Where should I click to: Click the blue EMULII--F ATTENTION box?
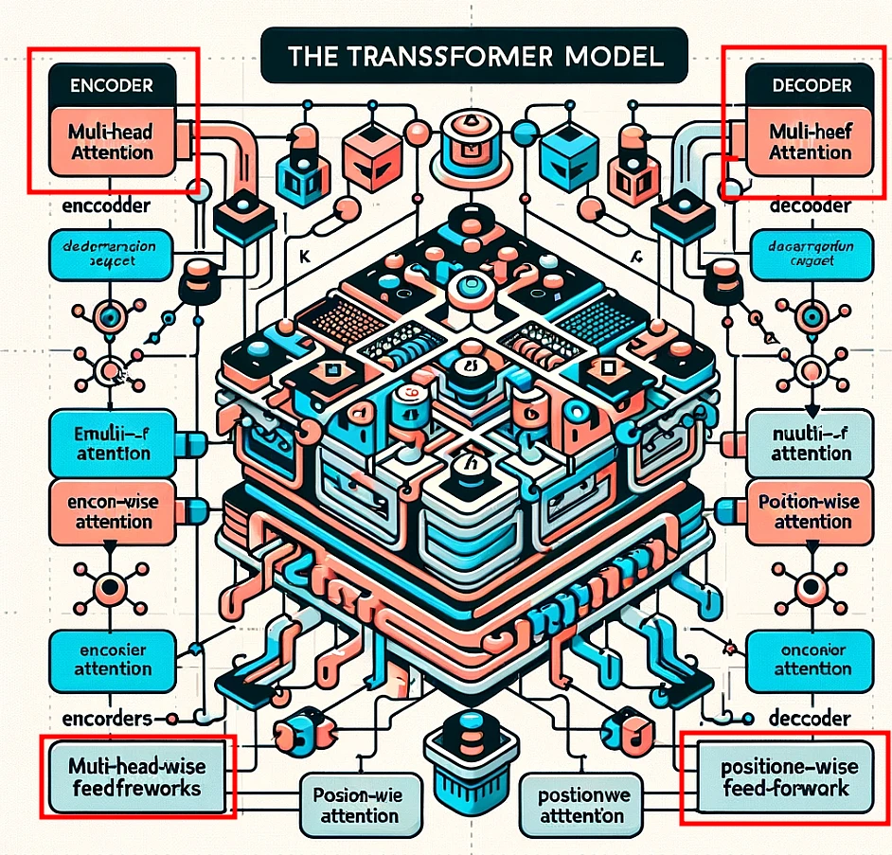pos(111,442)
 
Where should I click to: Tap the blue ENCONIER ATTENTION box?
pos(111,659)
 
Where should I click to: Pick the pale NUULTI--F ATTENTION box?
pos(810,442)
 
